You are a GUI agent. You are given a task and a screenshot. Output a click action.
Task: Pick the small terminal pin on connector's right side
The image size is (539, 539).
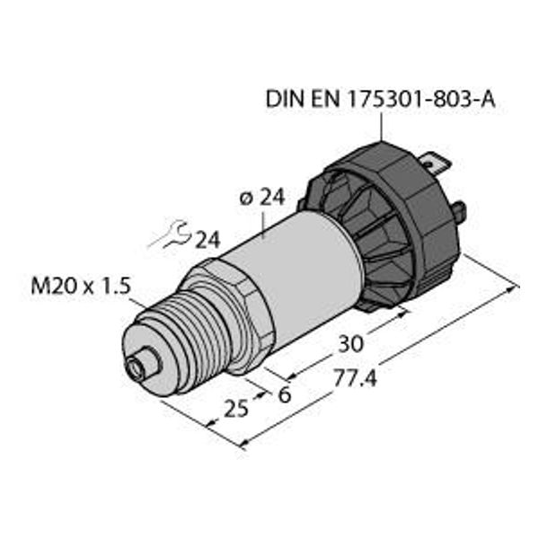pos(460,214)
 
